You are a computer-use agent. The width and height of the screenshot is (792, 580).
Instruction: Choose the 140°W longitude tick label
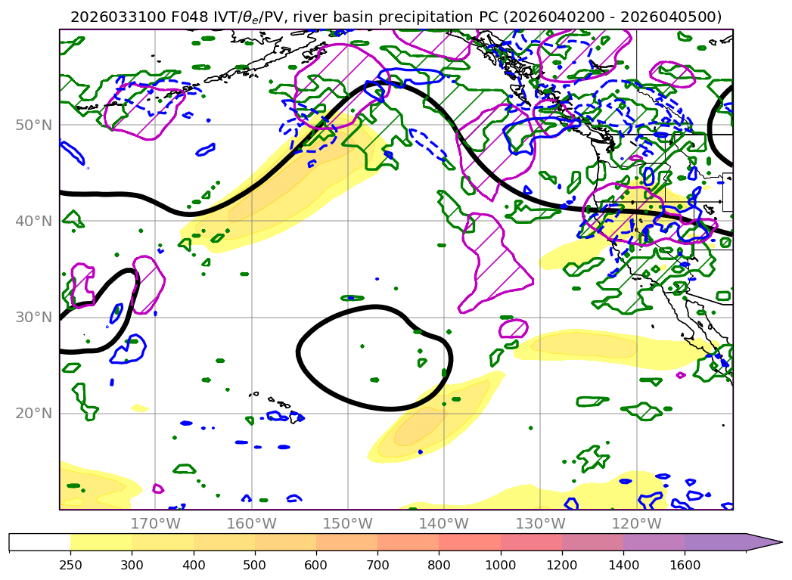point(443,523)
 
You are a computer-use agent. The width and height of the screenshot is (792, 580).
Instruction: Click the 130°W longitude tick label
point(540,523)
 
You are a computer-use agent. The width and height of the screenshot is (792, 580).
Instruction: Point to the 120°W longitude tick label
point(636,523)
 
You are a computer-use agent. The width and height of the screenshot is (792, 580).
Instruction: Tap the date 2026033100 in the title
point(109,17)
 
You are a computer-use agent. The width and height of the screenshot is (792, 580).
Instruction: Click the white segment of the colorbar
point(39,542)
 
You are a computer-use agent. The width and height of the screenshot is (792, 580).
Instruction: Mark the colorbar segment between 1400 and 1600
point(654,542)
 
